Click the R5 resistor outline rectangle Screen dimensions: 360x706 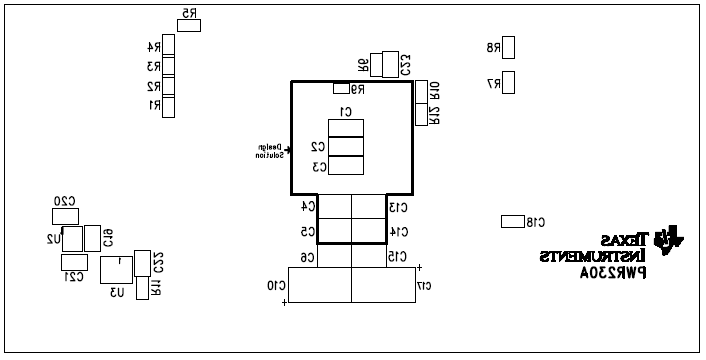[x=189, y=25]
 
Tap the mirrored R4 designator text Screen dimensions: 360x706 [x=154, y=47]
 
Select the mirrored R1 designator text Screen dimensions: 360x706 [x=154, y=105]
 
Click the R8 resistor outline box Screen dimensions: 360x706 [x=509, y=47]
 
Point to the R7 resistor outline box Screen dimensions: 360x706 [x=509, y=82]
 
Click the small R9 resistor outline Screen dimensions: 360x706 [x=341, y=89]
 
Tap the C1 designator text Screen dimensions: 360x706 [x=346, y=111]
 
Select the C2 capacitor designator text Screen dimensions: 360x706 [x=318, y=146]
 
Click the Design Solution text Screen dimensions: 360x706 [x=269, y=151]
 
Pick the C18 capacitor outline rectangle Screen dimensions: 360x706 [x=512, y=221]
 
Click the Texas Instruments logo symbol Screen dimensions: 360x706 [x=668, y=240]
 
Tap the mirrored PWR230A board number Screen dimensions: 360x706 [x=613, y=272]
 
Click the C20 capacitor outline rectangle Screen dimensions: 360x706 [x=65, y=216]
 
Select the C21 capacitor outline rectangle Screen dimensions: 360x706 [x=74, y=262]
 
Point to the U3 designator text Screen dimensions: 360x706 [x=117, y=292]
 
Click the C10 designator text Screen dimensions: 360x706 [x=275, y=286]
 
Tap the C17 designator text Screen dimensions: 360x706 [x=424, y=286]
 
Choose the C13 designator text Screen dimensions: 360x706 [x=398, y=207]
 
